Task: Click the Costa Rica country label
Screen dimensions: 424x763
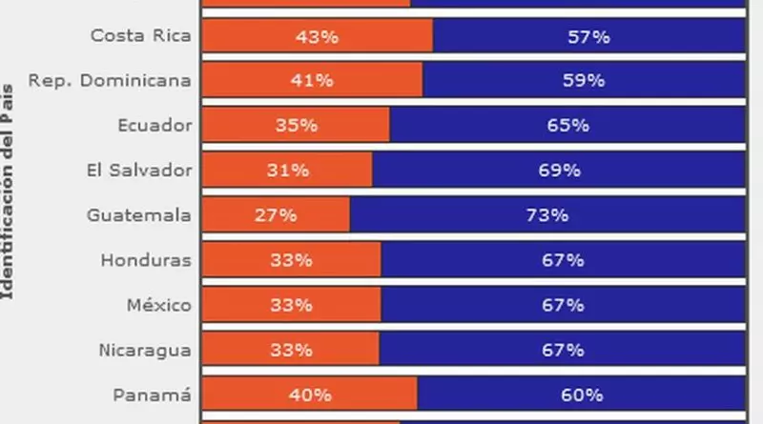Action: click(x=140, y=36)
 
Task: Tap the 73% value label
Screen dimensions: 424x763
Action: click(x=547, y=215)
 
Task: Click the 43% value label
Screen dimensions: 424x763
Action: click(x=317, y=36)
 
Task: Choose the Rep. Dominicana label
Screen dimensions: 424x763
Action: click(x=110, y=81)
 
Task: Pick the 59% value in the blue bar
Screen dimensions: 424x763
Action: click(x=584, y=81)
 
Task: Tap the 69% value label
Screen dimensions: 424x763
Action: click(x=559, y=171)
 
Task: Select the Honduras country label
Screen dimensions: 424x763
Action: click(x=146, y=260)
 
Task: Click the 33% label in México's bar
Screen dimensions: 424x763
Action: click(x=291, y=305)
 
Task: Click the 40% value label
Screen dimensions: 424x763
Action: click(x=310, y=394)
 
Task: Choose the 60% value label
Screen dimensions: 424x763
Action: click(x=581, y=394)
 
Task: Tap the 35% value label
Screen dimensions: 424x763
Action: click(x=295, y=126)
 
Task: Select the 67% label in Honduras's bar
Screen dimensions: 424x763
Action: click(x=563, y=260)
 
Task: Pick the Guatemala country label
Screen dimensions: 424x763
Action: click(x=138, y=215)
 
